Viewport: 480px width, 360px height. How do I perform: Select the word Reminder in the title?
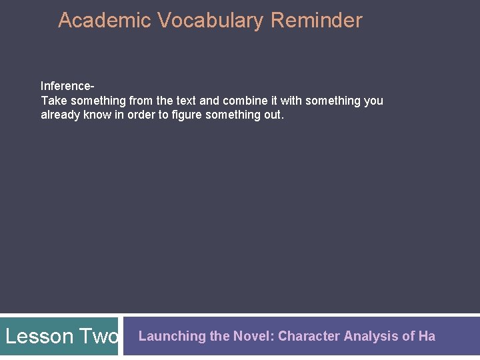[x=317, y=21]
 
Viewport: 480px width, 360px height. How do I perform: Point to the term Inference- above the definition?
[x=67, y=86]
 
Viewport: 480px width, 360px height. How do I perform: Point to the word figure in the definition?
[x=187, y=115]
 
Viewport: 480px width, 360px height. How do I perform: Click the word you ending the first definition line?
[x=373, y=101]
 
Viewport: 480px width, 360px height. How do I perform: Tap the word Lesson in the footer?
[x=39, y=336]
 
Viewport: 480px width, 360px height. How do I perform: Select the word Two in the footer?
[x=99, y=336]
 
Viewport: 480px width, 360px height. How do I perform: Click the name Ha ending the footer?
[x=427, y=336]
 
